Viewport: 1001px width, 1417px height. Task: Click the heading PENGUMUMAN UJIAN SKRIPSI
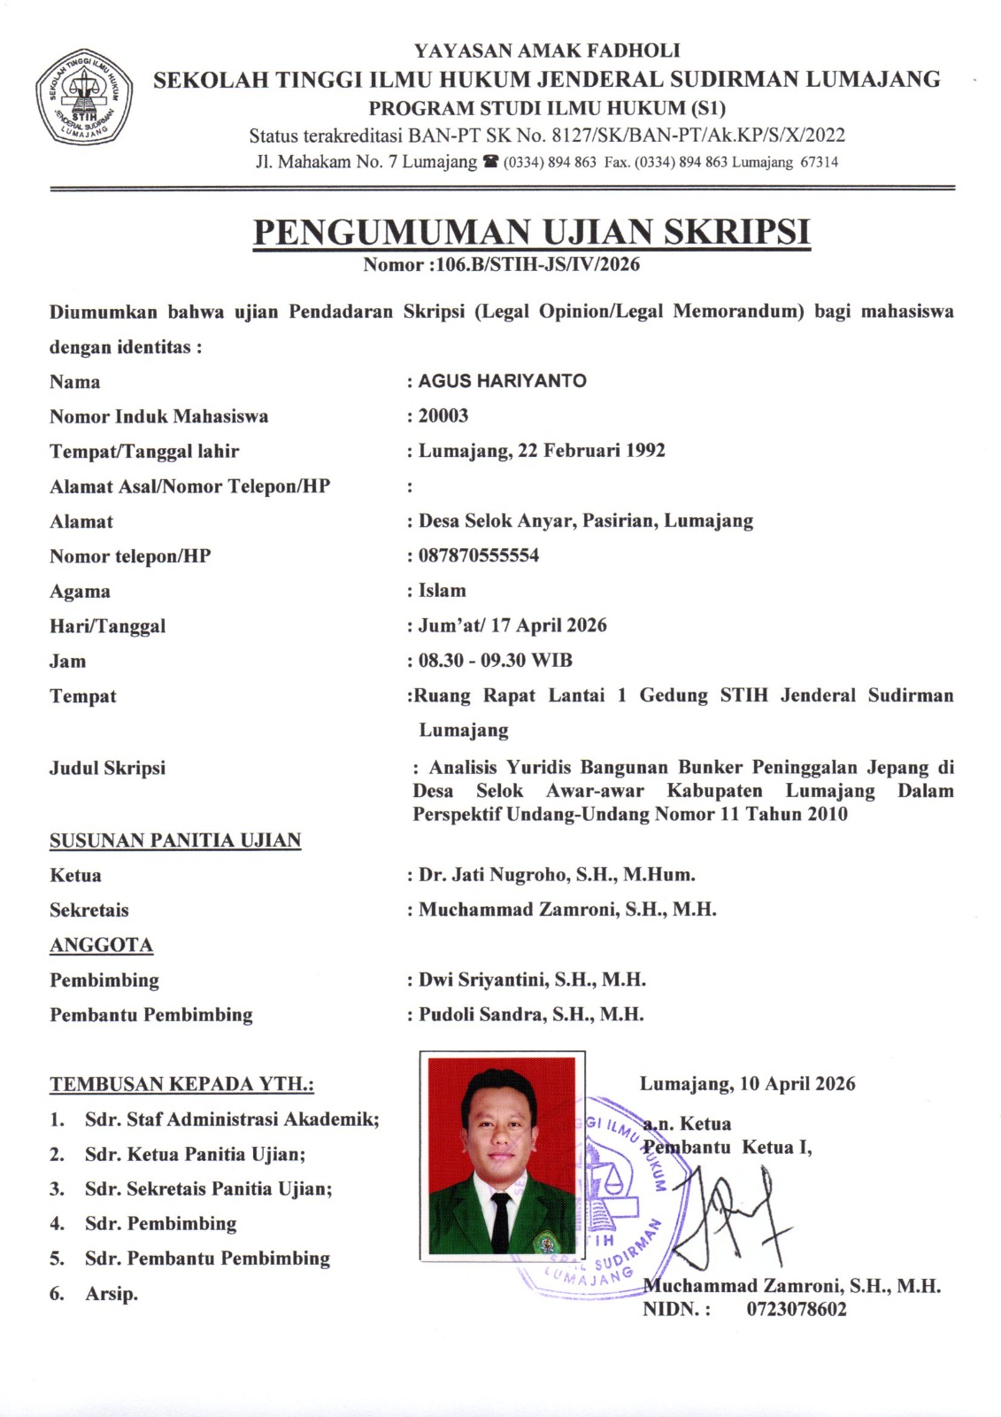tap(531, 232)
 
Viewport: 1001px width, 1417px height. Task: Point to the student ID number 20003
tap(443, 416)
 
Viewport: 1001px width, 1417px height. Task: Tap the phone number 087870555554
tap(479, 556)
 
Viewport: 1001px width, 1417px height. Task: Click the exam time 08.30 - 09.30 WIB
tap(496, 661)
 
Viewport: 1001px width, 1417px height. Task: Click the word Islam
tap(443, 591)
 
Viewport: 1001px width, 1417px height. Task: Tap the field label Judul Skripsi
tap(107, 768)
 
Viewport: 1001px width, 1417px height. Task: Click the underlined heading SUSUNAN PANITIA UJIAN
tap(175, 840)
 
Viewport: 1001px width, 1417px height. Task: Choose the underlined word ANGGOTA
tap(101, 946)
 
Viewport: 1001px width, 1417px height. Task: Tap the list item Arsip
tap(112, 1294)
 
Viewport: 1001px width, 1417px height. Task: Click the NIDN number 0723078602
tap(797, 1310)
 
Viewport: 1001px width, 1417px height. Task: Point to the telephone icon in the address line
tap(491, 162)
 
